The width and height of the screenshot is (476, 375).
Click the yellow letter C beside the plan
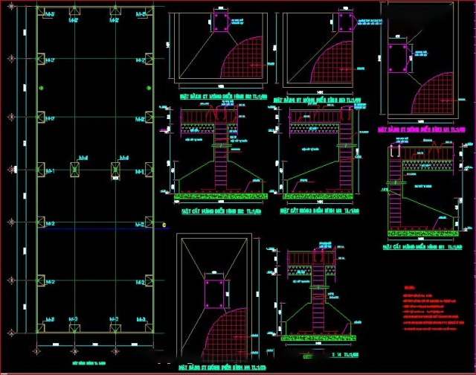[163, 224]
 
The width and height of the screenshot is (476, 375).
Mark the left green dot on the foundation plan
[42, 89]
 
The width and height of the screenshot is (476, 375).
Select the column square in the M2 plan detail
[221, 22]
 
